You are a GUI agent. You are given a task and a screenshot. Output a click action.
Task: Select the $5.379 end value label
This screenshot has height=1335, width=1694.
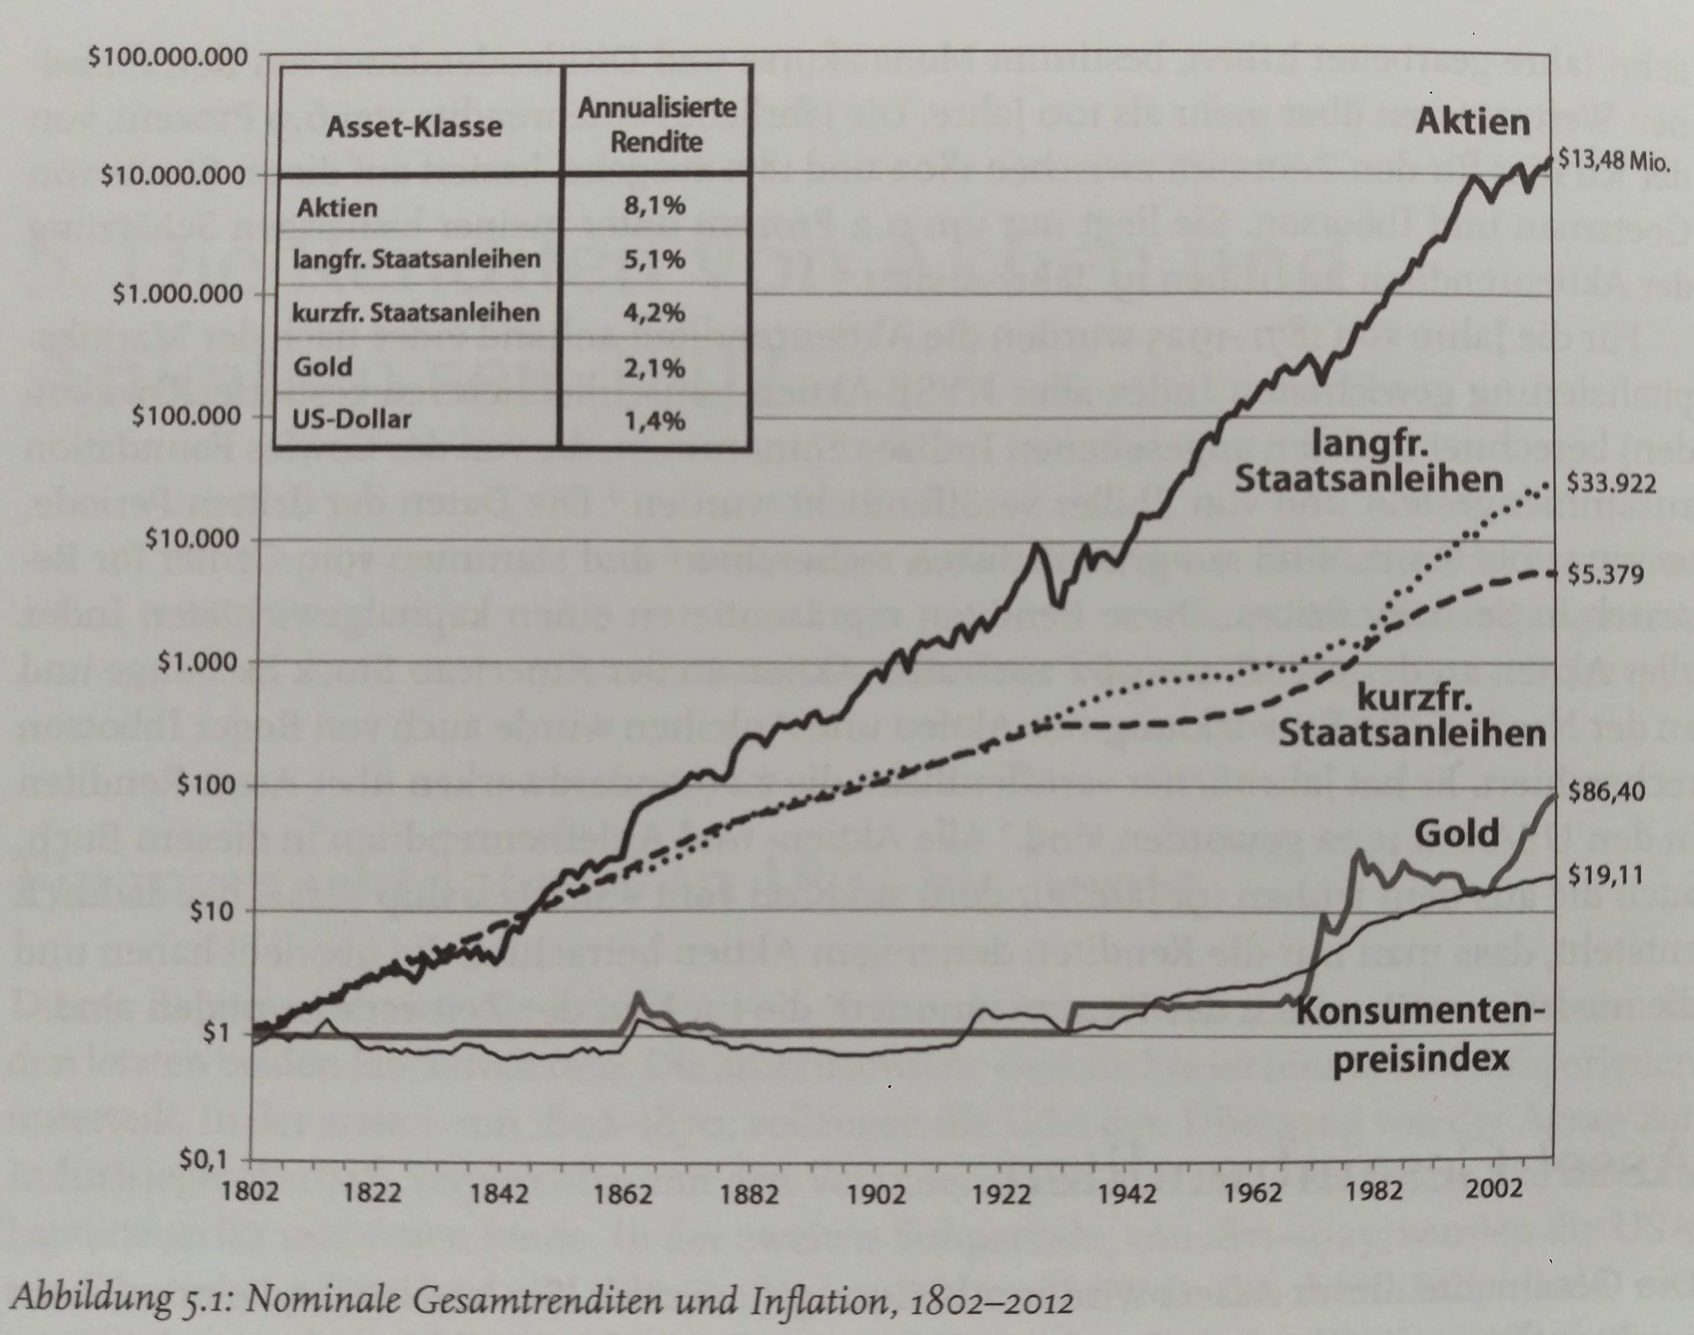coord(1605,575)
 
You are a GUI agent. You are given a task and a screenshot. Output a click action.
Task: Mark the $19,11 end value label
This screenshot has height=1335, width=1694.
coord(1605,876)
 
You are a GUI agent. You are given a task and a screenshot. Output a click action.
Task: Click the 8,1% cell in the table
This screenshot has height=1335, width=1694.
coord(655,206)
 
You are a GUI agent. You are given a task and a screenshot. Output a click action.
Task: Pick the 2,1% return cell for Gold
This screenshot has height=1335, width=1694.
coord(655,367)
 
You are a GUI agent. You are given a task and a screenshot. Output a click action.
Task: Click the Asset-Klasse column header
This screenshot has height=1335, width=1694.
coord(414,127)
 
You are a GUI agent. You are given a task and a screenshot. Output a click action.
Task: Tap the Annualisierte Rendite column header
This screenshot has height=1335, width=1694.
coord(657,125)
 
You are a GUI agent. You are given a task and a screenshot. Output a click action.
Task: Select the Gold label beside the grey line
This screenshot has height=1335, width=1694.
coord(1457,833)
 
